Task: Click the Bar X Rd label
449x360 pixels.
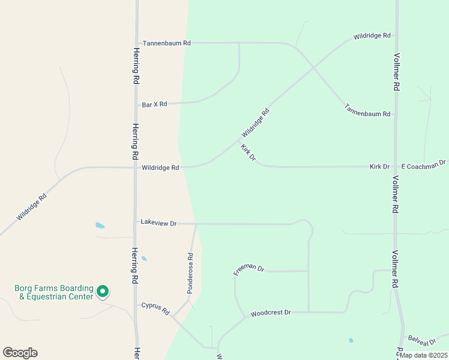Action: coord(154,104)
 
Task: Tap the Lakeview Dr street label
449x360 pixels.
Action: coord(158,223)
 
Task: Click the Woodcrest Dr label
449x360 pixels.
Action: coord(271,313)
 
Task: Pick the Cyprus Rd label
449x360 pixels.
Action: coord(155,309)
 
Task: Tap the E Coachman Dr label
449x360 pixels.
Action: coord(423,164)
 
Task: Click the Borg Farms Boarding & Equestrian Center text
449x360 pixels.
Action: coord(54,292)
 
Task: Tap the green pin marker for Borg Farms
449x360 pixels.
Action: coord(103,292)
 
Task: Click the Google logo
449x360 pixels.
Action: coord(20,352)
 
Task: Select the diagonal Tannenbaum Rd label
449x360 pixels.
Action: coord(367,110)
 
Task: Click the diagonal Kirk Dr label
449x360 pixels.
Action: coord(248,153)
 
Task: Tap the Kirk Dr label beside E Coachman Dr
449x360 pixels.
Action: coord(379,166)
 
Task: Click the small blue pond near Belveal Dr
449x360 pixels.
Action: coord(351,340)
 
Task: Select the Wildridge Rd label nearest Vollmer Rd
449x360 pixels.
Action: coord(372,36)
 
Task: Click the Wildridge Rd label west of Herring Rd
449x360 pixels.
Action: coord(32,207)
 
